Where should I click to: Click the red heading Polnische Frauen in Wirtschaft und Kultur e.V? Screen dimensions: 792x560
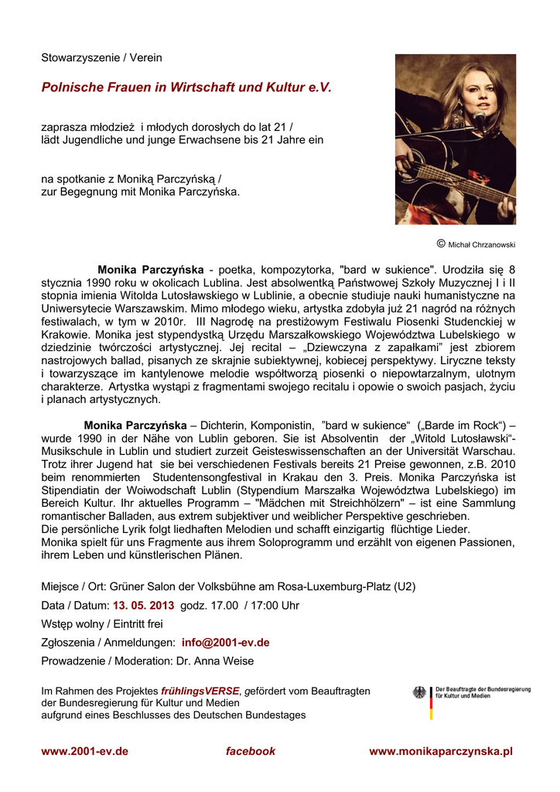pyautogui.click(x=186, y=88)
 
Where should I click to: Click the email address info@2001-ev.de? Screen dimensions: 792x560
pyautogui.click(x=225, y=642)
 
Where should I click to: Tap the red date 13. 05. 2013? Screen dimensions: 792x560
pyautogui.click(x=143, y=605)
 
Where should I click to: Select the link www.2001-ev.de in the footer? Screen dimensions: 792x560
pyautogui.click(x=84, y=751)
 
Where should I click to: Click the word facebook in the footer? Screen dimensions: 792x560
pyautogui.click(x=250, y=751)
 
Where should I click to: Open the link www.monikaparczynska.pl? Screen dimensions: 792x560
pyautogui.click(x=441, y=751)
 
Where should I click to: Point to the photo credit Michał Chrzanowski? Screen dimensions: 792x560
pyautogui.click(x=481, y=244)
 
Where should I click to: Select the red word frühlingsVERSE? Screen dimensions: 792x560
pyautogui.click(x=200, y=691)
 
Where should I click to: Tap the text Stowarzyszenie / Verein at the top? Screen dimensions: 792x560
pyautogui.click(x=101, y=58)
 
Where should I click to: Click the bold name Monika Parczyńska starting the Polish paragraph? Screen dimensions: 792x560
pyautogui.click(x=151, y=270)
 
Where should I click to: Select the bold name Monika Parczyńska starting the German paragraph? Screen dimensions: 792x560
pyautogui.click(x=135, y=425)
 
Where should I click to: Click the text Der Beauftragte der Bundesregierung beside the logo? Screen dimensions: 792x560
pyautogui.click(x=483, y=689)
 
